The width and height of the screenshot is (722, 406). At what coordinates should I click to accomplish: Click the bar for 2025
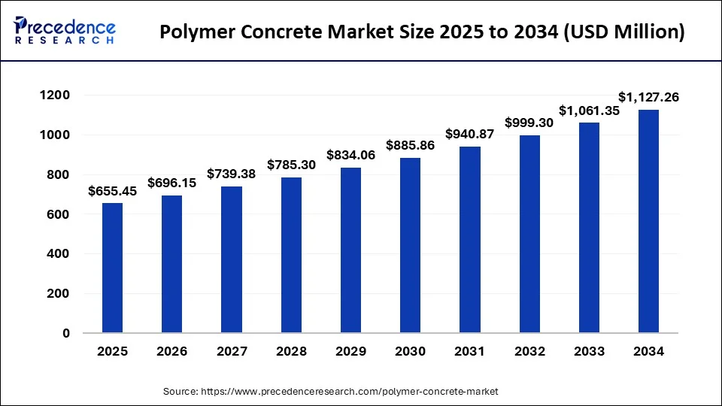point(112,268)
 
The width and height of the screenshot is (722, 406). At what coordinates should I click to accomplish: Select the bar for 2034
point(648,221)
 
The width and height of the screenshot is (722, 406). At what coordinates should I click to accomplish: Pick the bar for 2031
point(469,240)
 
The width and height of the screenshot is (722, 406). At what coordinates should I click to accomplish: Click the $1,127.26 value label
point(648,97)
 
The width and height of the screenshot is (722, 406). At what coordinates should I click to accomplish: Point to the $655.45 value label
point(112,191)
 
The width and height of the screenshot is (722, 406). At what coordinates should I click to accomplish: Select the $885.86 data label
point(410,145)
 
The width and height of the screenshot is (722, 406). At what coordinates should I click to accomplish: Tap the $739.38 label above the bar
point(232,174)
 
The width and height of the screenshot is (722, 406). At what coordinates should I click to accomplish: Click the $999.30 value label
point(529,123)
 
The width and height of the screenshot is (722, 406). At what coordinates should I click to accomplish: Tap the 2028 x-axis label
point(291,351)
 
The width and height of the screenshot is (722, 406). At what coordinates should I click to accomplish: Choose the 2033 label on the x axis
point(589,351)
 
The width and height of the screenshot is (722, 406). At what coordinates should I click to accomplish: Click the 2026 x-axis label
point(171,351)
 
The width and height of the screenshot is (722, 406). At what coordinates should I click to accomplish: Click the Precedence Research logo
point(65,31)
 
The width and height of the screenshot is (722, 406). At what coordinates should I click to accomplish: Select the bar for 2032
point(529,234)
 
